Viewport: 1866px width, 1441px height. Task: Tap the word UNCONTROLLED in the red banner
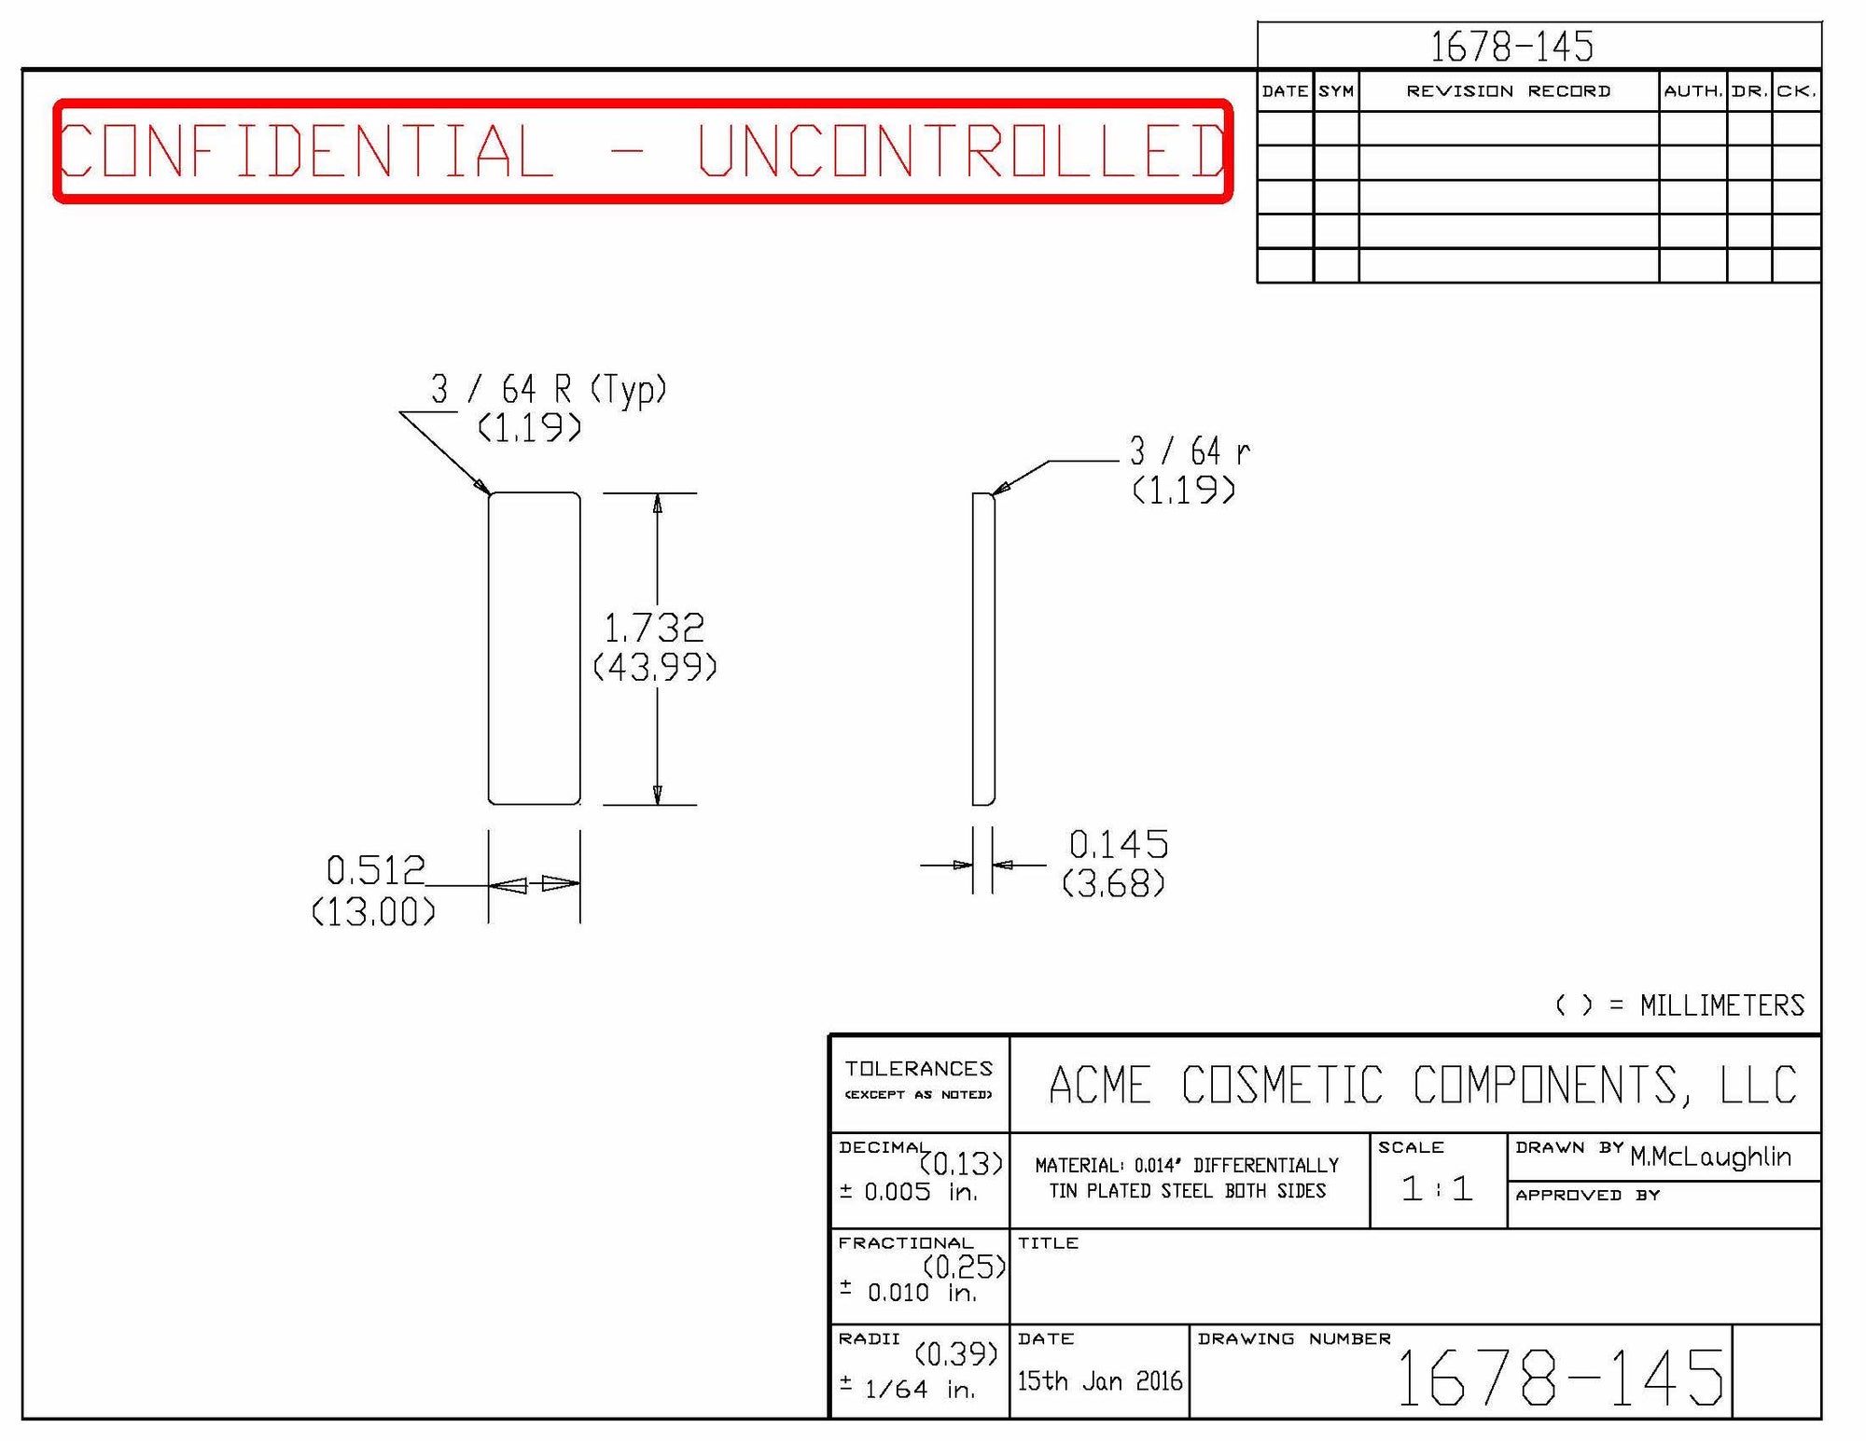(x=961, y=150)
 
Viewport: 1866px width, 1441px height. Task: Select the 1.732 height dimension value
(x=654, y=628)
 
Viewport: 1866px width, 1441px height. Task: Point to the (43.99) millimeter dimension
(x=655, y=667)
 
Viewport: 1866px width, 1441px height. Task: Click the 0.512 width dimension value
(x=375, y=870)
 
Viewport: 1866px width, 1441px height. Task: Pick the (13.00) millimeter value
(x=373, y=911)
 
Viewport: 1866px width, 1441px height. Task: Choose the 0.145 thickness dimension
(x=1118, y=844)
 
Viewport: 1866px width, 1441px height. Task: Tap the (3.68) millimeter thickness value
(x=1113, y=883)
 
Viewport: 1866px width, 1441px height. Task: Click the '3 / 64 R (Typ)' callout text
(x=549, y=388)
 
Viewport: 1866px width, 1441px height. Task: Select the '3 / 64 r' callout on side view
(x=1190, y=451)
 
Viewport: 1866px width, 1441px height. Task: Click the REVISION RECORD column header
(x=1508, y=91)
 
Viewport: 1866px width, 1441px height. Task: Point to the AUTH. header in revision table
(x=1692, y=91)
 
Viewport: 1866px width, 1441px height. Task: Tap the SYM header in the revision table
(x=1336, y=91)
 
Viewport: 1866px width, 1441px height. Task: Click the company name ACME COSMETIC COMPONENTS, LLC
(x=1423, y=1086)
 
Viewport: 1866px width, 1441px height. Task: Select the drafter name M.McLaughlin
(x=1710, y=1157)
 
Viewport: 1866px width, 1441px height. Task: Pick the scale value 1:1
(x=1437, y=1188)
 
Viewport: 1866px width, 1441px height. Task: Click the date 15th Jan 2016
(x=1099, y=1380)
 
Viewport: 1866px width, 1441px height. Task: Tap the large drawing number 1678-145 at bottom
(x=1559, y=1378)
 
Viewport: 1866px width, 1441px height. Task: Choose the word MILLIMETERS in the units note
(x=1722, y=1005)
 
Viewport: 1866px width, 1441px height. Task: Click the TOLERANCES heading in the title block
(x=919, y=1069)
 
